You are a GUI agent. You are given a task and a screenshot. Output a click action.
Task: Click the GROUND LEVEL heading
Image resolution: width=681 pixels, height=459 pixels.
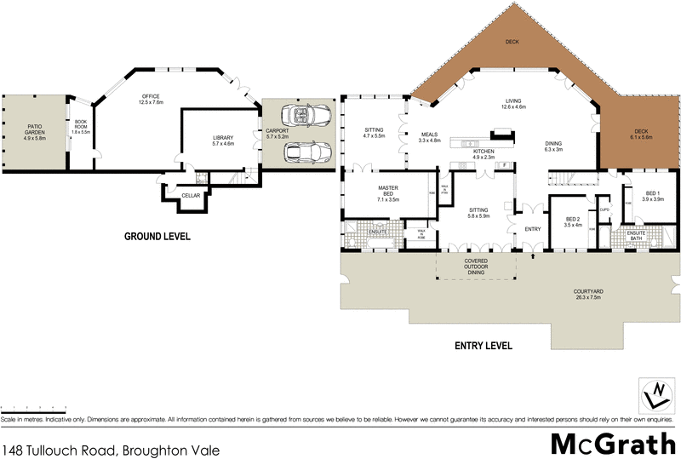[x=157, y=236]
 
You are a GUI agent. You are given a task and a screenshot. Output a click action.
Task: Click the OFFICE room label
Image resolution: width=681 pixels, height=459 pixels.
[x=152, y=99]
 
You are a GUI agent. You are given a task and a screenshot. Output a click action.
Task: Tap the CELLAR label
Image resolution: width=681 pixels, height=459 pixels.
[x=191, y=196]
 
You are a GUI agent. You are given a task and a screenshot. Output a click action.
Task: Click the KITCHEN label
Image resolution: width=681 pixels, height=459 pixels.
[x=484, y=153]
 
